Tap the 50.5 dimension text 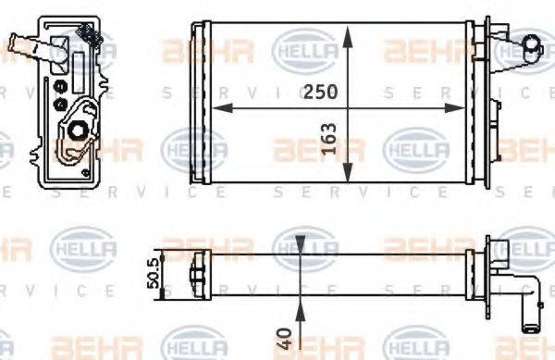(x=154, y=275)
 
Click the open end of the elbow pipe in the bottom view (x=530, y=324)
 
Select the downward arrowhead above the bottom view (x=302, y=249)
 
